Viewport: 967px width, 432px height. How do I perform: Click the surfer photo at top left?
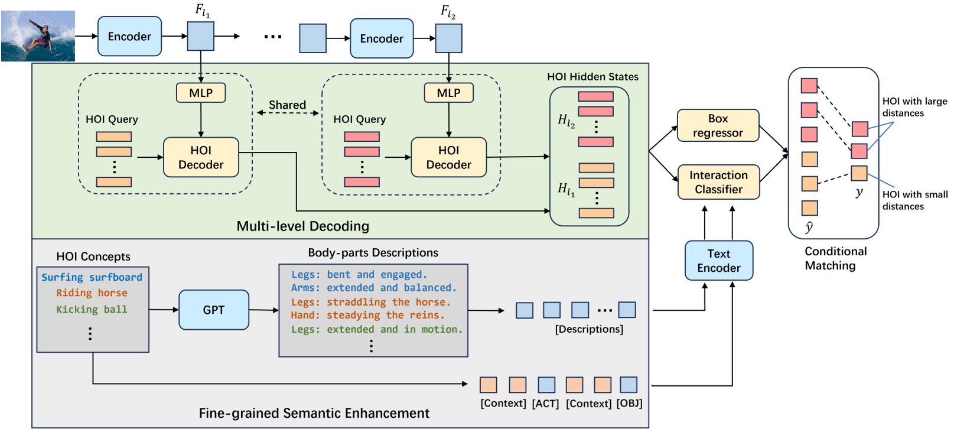coord(38,36)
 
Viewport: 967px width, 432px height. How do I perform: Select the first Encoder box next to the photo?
coord(129,37)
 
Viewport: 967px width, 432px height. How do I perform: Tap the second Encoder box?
coord(382,39)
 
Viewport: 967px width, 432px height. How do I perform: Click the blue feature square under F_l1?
coord(201,36)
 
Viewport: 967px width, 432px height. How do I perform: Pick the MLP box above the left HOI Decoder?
coord(201,93)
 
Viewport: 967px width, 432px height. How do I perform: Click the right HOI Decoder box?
coord(448,158)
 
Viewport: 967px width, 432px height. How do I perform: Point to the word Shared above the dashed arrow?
coord(287,105)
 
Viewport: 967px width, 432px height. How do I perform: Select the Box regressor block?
coord(718,125)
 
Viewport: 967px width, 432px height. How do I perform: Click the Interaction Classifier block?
coord(718,182)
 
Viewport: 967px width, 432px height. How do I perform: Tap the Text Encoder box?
coord(718,261)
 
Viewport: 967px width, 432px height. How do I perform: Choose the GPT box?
coord(214,310)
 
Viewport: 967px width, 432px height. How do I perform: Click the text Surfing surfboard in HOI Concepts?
coord(92,277)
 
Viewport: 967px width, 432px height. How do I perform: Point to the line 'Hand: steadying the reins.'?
coord(367,316)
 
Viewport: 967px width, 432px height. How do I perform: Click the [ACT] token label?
coord(545,404)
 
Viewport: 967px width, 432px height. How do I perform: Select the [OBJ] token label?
coord(629,404)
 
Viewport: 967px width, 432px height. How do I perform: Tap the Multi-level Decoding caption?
coord(302,226)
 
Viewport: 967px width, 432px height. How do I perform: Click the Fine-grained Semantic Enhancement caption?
coord(314,413)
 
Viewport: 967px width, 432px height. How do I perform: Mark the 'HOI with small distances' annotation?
coord(914,200)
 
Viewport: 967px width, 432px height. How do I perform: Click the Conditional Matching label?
coord(835,258)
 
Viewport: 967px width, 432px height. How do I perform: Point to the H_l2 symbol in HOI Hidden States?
coord(566,121)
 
